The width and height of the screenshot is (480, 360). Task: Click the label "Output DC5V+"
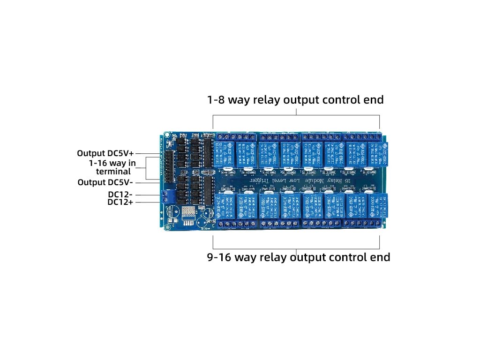(106, 153)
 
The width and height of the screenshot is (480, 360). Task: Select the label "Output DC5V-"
(106, 182)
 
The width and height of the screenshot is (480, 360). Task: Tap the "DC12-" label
(120, 194)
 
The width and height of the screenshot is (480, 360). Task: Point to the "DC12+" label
(120, 202)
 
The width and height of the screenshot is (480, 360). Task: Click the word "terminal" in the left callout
(113, 172)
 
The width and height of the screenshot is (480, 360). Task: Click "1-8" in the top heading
(217, 100)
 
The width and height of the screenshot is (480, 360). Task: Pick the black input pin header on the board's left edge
(168, 162)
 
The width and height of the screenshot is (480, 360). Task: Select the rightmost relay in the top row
(378, 153)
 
